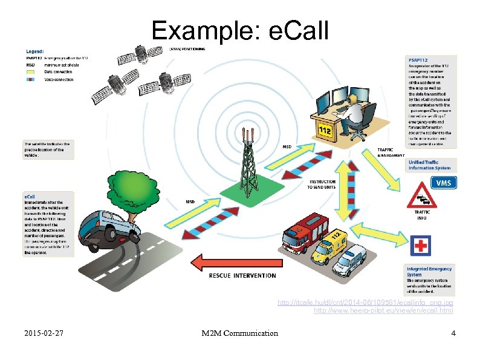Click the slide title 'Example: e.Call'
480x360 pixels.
(x=240, y=30)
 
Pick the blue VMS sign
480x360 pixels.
(x=443, y=182)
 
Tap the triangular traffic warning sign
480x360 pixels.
(x=422, y=197)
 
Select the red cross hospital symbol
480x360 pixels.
(x=421, y=246)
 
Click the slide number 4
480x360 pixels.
(x=453, y=333)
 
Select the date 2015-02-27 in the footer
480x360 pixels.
(x=46, y=333)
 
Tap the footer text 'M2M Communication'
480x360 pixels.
(x=240, y=333)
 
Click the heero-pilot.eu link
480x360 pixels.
(x=383, y=310)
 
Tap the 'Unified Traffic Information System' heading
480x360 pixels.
(x=429, y=165)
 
